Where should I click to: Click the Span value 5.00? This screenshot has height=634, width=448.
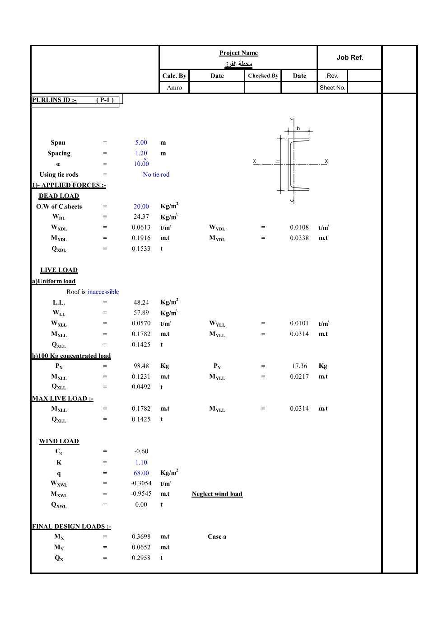pyautogui.click(x=141, y=142)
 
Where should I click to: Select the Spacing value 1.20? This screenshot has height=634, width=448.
pyautogui.click(x=141, y=153)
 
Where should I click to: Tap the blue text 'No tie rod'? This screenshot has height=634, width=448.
pyautogui.click(x=156, y=174)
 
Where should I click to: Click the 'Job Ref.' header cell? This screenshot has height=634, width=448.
pyautogui.click(x=350, y=57)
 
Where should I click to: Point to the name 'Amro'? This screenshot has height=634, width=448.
pyautogui.click(x=174, y=88)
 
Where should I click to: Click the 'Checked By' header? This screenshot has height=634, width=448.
pyautogui.click(x=263, y=76)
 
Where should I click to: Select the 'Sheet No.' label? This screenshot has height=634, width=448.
pyautogui.click(x=332, y=88)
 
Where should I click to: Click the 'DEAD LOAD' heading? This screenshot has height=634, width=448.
pyautogui.click(x=59, y=196)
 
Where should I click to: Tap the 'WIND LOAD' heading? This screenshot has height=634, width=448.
pyautogui.click(x=59, y=441)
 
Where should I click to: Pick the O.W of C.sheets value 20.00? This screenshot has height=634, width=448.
pyautogui.click(x=141, y=207)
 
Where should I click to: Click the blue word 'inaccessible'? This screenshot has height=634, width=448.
pyautogui.click(x=103, y=292)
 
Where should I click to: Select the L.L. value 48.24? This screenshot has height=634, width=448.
pyautogui.click(x=141, y=302)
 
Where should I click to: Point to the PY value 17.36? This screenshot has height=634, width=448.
pyautogui.click(x=299, y=366)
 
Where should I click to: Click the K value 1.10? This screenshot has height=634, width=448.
pyautogui.click(x=141, y=462)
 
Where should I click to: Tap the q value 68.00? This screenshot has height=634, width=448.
pyautogui.click(x=141, y=473)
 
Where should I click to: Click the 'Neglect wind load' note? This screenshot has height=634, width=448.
pyautogui.click(x=217, y=494)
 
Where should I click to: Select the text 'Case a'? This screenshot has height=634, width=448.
pyautogui.click(x=217, y=537)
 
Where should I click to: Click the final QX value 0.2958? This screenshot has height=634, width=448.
pyautogui.click(x=141, y=558)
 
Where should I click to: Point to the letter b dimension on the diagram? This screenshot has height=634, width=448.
pyautogui.click(x=299, y=128)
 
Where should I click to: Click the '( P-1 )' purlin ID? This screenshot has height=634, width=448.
pyautogui.click(x=105, y=100)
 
